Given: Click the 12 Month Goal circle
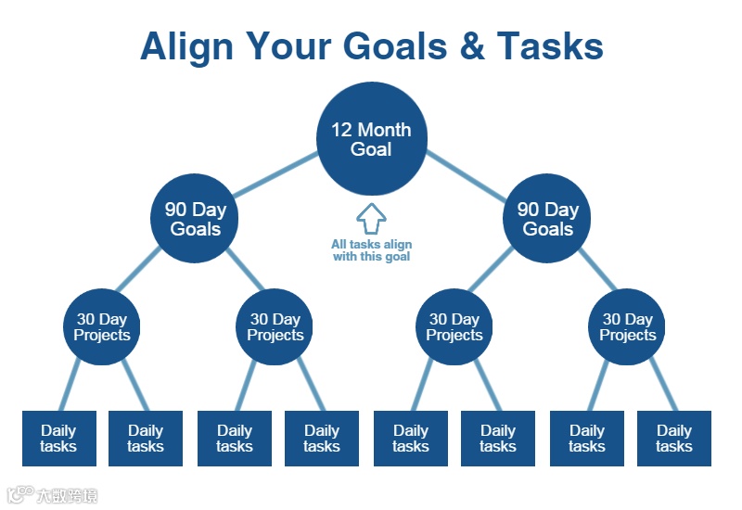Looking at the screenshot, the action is (372, 138).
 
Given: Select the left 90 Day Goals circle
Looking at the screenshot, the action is (195, 218).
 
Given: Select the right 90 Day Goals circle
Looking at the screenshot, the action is (546, 218).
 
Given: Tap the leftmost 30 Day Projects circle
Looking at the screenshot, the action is (102, 327).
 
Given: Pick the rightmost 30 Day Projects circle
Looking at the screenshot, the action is (627, 327).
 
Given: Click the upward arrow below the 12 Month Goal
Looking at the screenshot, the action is (372, 219).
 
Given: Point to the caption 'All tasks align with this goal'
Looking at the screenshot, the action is (372, 250).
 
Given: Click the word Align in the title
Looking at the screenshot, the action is (187, 47).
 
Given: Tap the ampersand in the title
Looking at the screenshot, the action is (472, 45).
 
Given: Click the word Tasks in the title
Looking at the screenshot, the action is (550, 45).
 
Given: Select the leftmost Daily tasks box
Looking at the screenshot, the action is (59, 439).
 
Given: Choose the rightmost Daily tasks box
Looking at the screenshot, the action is (674, 439).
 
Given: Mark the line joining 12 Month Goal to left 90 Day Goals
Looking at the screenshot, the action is (275, 174).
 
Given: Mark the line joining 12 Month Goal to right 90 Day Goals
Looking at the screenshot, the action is (467, 175).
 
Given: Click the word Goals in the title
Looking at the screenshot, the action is (395, 45).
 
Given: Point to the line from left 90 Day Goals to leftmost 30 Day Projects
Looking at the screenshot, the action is (138, 269).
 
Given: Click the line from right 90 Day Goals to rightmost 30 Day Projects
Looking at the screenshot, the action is (597, 269).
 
